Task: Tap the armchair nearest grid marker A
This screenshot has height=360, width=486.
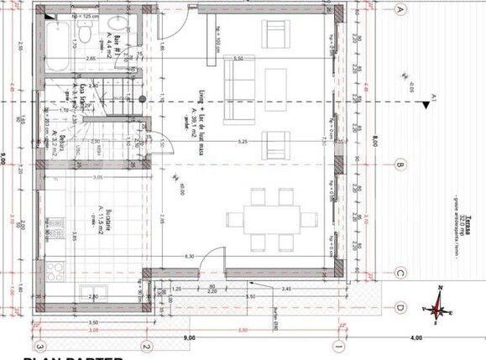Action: (x=277, y=34)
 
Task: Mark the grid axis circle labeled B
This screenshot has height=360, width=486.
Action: (x=400, y=164)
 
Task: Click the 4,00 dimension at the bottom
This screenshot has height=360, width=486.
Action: (x=415, y=337)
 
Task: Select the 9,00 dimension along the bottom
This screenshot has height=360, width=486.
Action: (x=188, y=337)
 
